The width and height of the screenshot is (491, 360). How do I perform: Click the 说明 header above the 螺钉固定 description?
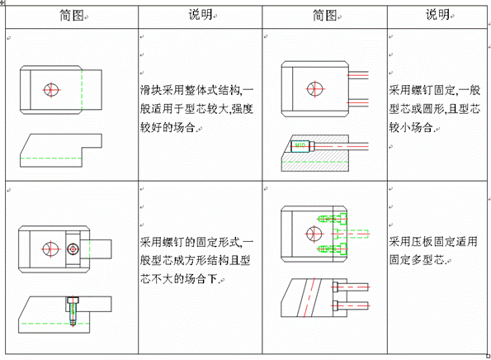coord(438,16)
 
